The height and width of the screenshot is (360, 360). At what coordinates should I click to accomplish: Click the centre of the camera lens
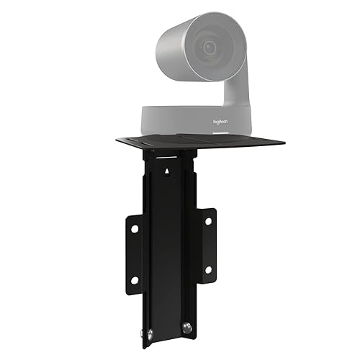click(210, 49)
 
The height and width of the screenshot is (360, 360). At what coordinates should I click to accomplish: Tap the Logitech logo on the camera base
click(220, 123)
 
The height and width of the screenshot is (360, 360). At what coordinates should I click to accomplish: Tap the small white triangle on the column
click(168, 171)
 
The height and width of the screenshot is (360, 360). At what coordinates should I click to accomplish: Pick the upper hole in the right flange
click(207, 221)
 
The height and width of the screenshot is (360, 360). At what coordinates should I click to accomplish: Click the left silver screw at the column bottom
click(150, 333)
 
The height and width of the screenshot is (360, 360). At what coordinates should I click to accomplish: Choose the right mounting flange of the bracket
click(207, 245)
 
